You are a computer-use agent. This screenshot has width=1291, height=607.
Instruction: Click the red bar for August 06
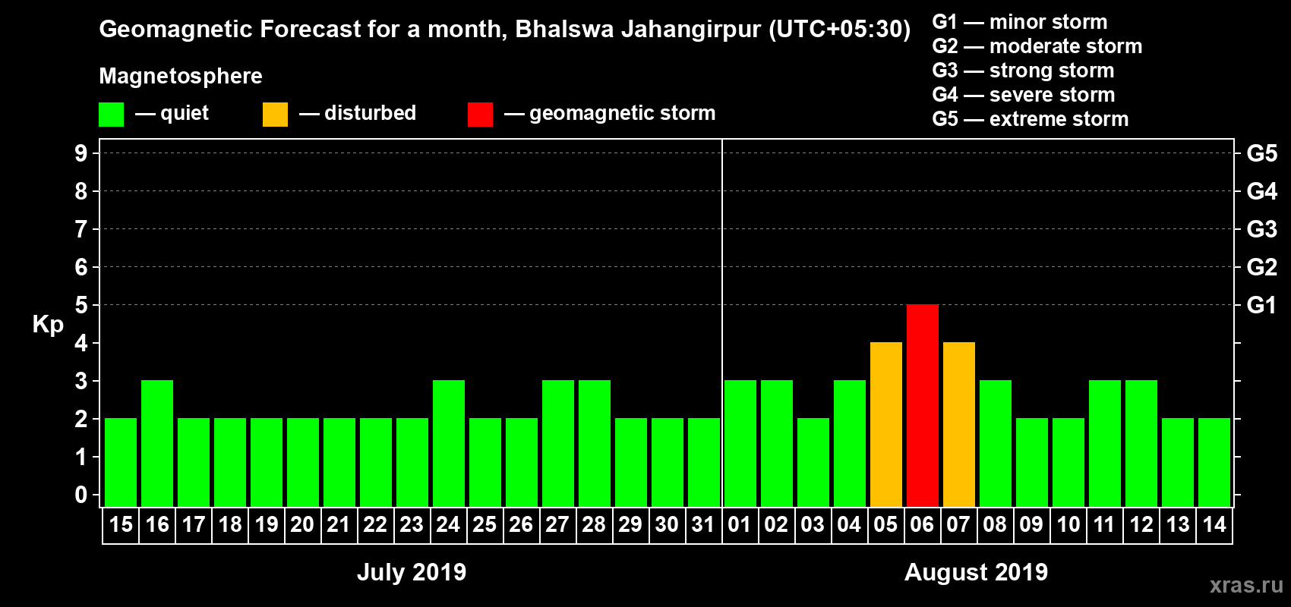point(922,405)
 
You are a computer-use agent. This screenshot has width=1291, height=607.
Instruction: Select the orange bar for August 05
point(885,424)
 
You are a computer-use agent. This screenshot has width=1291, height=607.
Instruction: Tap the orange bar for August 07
point(958,424)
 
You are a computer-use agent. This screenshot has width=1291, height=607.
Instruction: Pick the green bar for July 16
point(157,443)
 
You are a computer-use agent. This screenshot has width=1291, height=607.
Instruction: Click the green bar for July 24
point(449,443)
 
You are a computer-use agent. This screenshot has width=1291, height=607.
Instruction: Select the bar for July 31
point(704,462)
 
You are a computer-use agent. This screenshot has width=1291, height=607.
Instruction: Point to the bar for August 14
point(1214,462)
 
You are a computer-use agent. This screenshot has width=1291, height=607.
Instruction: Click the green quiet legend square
point(111,115)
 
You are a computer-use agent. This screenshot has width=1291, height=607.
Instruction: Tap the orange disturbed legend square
point(275,115)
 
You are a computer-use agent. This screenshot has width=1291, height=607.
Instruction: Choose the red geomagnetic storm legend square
point(480,115)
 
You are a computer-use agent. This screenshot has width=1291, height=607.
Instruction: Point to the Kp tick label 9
point(81,153)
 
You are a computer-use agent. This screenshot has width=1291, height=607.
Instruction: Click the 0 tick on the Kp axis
point(81,495)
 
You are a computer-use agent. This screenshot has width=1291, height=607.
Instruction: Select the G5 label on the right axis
point(1261,153)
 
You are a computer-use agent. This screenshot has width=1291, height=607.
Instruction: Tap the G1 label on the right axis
point(1261,305)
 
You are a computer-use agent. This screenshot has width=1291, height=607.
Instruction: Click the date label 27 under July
point(557,524)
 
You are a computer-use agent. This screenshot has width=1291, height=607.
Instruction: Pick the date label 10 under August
point(1068,524)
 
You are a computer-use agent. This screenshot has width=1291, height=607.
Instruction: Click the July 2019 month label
point(412,572)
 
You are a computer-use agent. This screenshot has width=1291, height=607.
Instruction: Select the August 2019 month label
point(976,572)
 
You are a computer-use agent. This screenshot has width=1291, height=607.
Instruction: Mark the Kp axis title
point(48,325)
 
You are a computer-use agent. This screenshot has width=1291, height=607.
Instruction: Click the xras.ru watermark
point(1245,585)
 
